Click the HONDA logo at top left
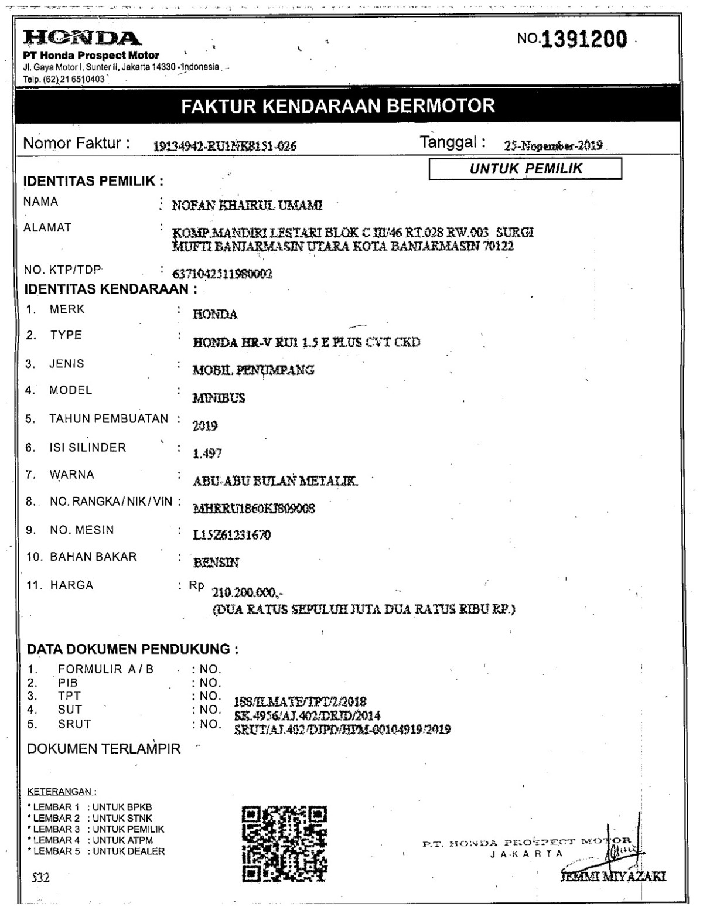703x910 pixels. [x=81, y=39]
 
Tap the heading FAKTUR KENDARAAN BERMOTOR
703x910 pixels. [x=338, y=106]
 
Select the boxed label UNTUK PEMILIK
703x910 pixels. [x=525, y=169]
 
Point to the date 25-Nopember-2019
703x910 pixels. [x=553, y=146]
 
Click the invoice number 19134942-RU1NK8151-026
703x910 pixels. [x=224, y=146]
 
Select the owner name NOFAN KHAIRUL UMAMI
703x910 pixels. [x=247, y=206]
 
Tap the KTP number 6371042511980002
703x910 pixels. [x=223, y=274]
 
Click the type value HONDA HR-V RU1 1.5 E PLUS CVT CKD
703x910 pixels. [x=306, y=342]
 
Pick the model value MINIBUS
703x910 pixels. [x=219, y=398]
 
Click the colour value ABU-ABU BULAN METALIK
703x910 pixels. [x=275, y=482]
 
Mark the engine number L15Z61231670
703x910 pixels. [x=232, y=535]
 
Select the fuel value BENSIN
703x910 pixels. [x=216, y=563]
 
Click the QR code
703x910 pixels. [x=285, y=843]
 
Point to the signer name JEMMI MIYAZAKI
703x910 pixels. [x=613, y=877]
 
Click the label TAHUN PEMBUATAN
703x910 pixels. [x=108, y=419]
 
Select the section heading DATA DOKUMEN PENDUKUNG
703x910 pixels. [x=133, y=649]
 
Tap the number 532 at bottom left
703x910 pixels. [x=40, y=877]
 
